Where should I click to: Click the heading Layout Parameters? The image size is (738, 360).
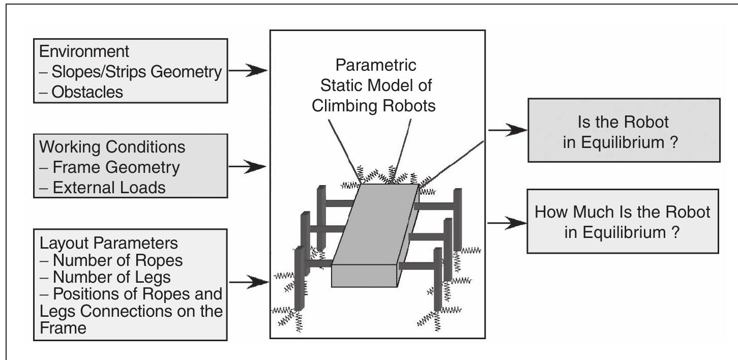(107, 243)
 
